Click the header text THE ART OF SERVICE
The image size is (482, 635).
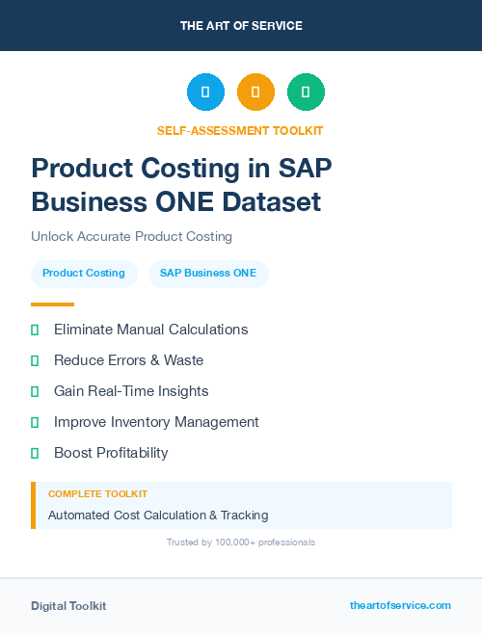[x=241, y=26]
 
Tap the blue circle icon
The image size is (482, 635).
[x=205, y=93]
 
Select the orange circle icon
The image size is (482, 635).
[x=255, y=93]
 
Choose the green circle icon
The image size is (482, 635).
[x=306, y=93]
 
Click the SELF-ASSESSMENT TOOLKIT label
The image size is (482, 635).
[x=240, y=130]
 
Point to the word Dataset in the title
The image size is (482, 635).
[x=269, y=202]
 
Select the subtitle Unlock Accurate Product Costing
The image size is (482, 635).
[x=131, y=236]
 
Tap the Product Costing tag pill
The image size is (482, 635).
[x=84, y=273]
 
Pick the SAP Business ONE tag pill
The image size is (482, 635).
[x=208, y=273]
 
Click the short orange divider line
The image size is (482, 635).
[x=52, y=304]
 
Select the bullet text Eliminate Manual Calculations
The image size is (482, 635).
[x=150, y=330]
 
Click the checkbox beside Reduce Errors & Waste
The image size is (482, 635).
[x=35, y=360]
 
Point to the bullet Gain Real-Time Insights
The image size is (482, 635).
[x=131, y=391]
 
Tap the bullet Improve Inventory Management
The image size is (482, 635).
[x=156, y=422]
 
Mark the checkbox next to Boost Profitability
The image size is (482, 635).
[x=35, y=453]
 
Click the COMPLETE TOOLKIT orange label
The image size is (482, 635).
[x=97, y=493]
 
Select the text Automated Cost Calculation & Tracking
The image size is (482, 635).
[x=158, y=516]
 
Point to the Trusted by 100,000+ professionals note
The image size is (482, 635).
[x=240, y=542]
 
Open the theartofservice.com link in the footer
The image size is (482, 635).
[x=400, y=605]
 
